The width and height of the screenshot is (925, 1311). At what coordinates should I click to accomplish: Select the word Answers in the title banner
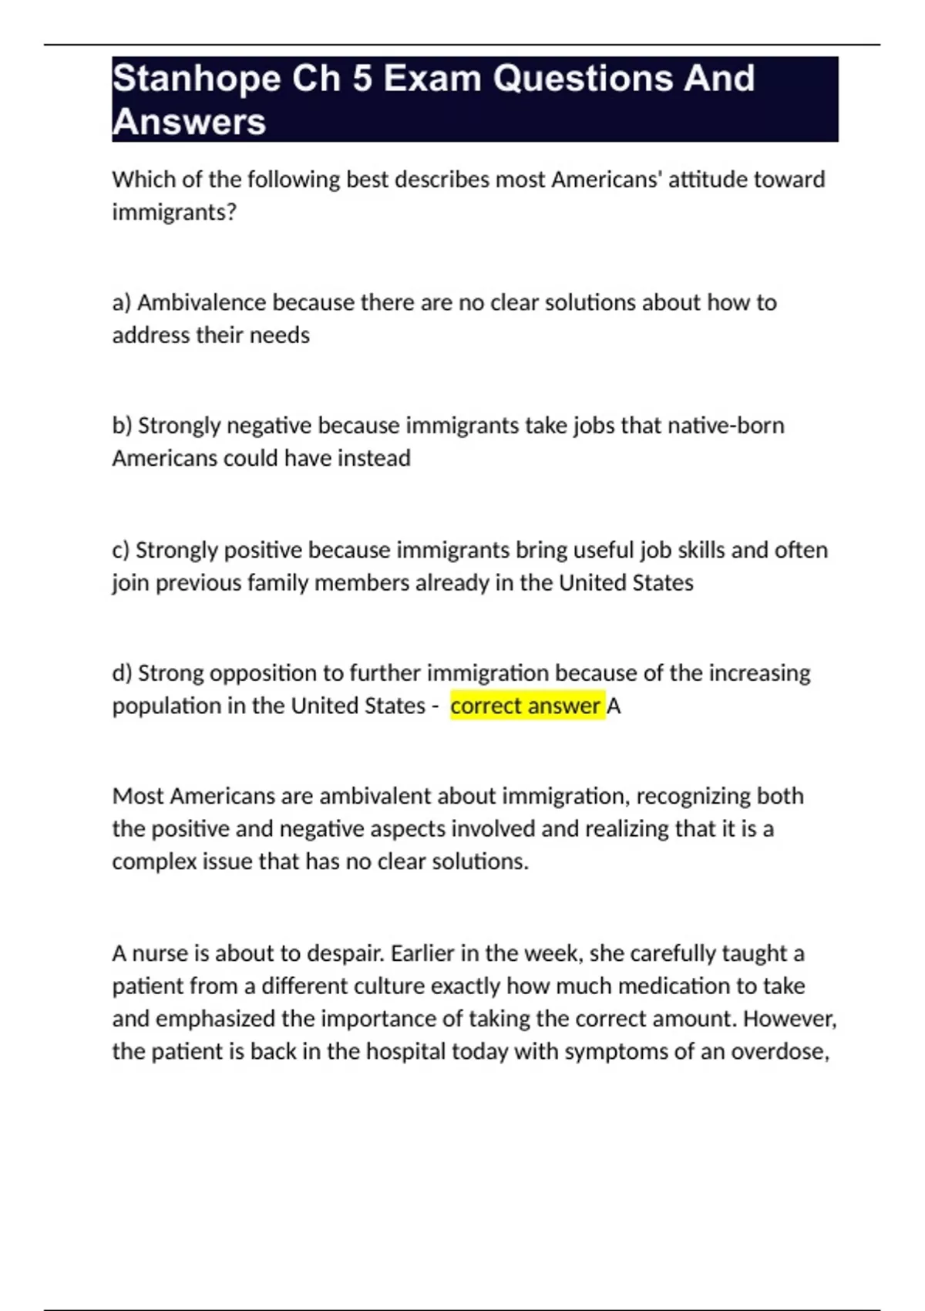point(189,122)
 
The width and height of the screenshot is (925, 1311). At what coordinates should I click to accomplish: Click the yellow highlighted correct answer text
point(525,706)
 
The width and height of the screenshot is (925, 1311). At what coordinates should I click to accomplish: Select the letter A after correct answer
point(614,706)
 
